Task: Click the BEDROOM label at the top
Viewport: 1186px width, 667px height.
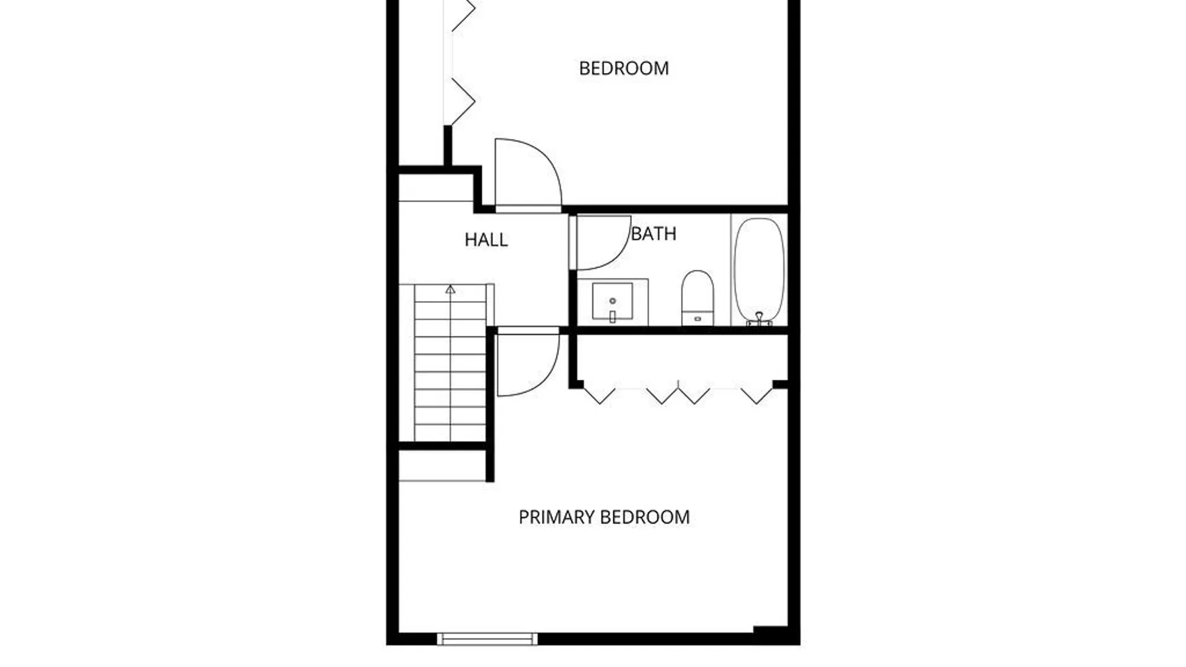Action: [x=624, y=68]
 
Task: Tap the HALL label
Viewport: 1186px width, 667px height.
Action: [x=486, y=240]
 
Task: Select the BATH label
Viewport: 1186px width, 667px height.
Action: [x=654, y=234]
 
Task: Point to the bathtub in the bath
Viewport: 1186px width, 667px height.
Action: [x=759, y=271]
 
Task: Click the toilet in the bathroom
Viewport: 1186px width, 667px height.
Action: [x=697, y=298]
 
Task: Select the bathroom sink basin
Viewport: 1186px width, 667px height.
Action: [x=612, y=301]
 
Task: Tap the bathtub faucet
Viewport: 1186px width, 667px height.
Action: [x=759, y=319]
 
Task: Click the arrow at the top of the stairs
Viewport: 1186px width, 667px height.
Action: [x=450, y=289]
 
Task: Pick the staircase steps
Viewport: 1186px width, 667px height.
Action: [x=450, y=363]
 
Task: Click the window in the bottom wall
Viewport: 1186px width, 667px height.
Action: [x=487, y=639]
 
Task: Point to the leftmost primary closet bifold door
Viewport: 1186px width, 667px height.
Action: [x=599, y=395]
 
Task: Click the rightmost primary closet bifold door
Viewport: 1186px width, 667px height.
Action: [x=757, y=395]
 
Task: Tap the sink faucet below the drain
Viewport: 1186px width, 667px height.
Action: [x=612, y=317]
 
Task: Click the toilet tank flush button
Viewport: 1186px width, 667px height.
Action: [x=697, y=319]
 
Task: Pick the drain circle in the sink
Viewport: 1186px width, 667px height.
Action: [x=612, y=301]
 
